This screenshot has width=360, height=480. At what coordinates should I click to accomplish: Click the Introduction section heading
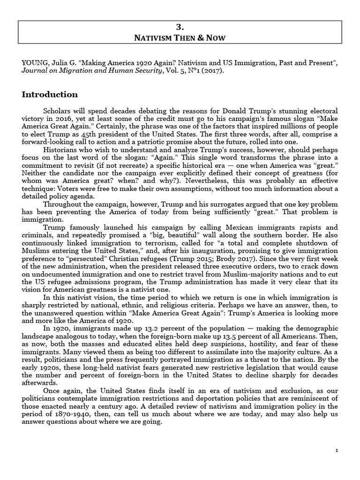[50, 95]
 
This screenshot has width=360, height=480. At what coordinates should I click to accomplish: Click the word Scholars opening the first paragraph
[58, 111]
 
